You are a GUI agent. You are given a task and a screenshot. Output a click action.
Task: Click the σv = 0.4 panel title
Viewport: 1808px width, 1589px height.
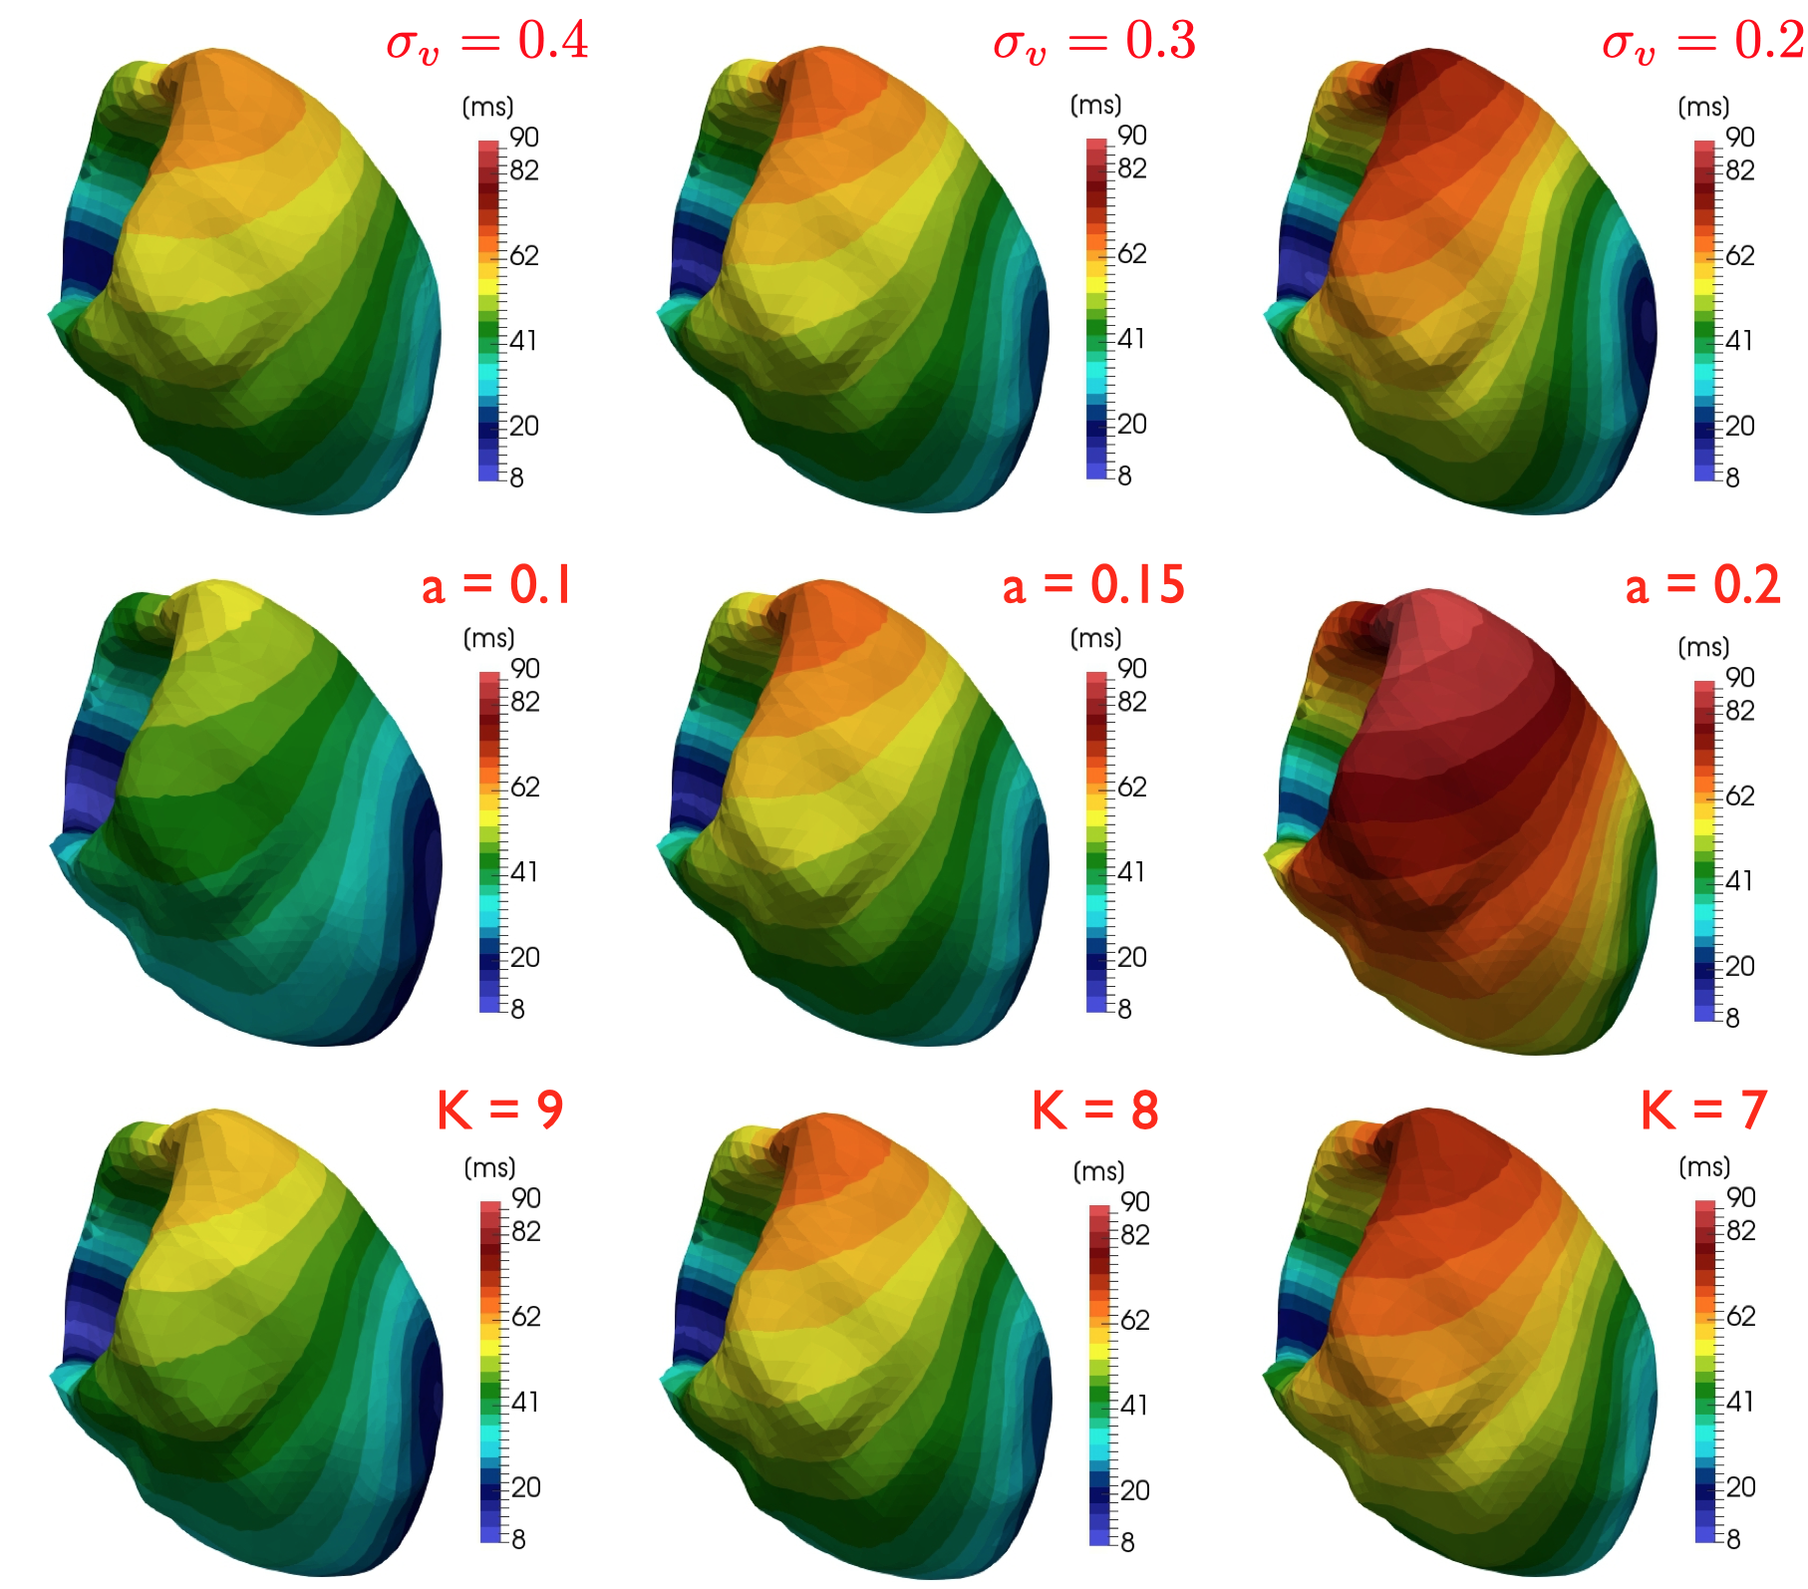(487, 42)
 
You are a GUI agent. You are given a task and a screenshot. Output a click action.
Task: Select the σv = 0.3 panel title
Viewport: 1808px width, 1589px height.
(1094, 42)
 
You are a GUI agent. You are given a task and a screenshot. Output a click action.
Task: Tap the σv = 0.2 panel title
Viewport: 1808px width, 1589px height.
(1702, 42)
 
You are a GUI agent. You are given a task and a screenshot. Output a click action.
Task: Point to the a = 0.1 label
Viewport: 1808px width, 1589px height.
(496, 585)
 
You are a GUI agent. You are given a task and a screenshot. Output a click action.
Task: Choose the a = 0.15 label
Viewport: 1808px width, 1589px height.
(1093, 585)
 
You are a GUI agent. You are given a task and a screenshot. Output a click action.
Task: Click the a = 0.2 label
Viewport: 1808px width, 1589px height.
(1702, 585)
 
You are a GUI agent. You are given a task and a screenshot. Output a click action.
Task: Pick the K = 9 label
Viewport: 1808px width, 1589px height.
(500, 1110)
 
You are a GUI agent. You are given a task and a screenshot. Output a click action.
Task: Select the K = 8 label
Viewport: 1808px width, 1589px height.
(1095, 1110)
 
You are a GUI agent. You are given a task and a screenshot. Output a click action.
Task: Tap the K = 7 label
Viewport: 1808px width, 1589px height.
(1704, 1110)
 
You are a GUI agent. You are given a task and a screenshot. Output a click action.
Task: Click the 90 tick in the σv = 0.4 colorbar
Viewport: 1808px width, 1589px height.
(524, 138)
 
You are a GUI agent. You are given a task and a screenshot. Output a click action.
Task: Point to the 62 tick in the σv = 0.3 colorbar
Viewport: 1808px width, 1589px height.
(1132, 253)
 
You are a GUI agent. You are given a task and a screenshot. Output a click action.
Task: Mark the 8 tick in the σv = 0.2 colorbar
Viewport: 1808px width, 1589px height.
(1733, 477)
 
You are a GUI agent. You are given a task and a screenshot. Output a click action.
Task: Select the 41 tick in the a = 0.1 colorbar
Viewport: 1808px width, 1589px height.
(524, 872)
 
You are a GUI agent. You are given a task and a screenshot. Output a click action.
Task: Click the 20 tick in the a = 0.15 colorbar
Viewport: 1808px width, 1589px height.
(1132, 957)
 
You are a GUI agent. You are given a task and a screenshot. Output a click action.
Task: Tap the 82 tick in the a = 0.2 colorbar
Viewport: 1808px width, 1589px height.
(1740, 711)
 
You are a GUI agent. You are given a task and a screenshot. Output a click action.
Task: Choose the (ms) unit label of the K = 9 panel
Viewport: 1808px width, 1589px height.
(489, 1167)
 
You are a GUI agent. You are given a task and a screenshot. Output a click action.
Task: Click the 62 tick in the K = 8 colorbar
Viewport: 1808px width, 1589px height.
(1135, 1321)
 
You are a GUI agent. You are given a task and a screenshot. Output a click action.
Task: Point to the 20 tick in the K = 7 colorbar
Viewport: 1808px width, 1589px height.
(1740, 1486)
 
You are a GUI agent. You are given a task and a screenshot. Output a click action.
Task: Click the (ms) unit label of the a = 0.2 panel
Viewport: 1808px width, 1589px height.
(1703, 647)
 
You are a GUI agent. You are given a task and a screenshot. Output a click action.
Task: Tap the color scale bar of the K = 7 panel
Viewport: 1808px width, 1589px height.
(1705, 1371)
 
